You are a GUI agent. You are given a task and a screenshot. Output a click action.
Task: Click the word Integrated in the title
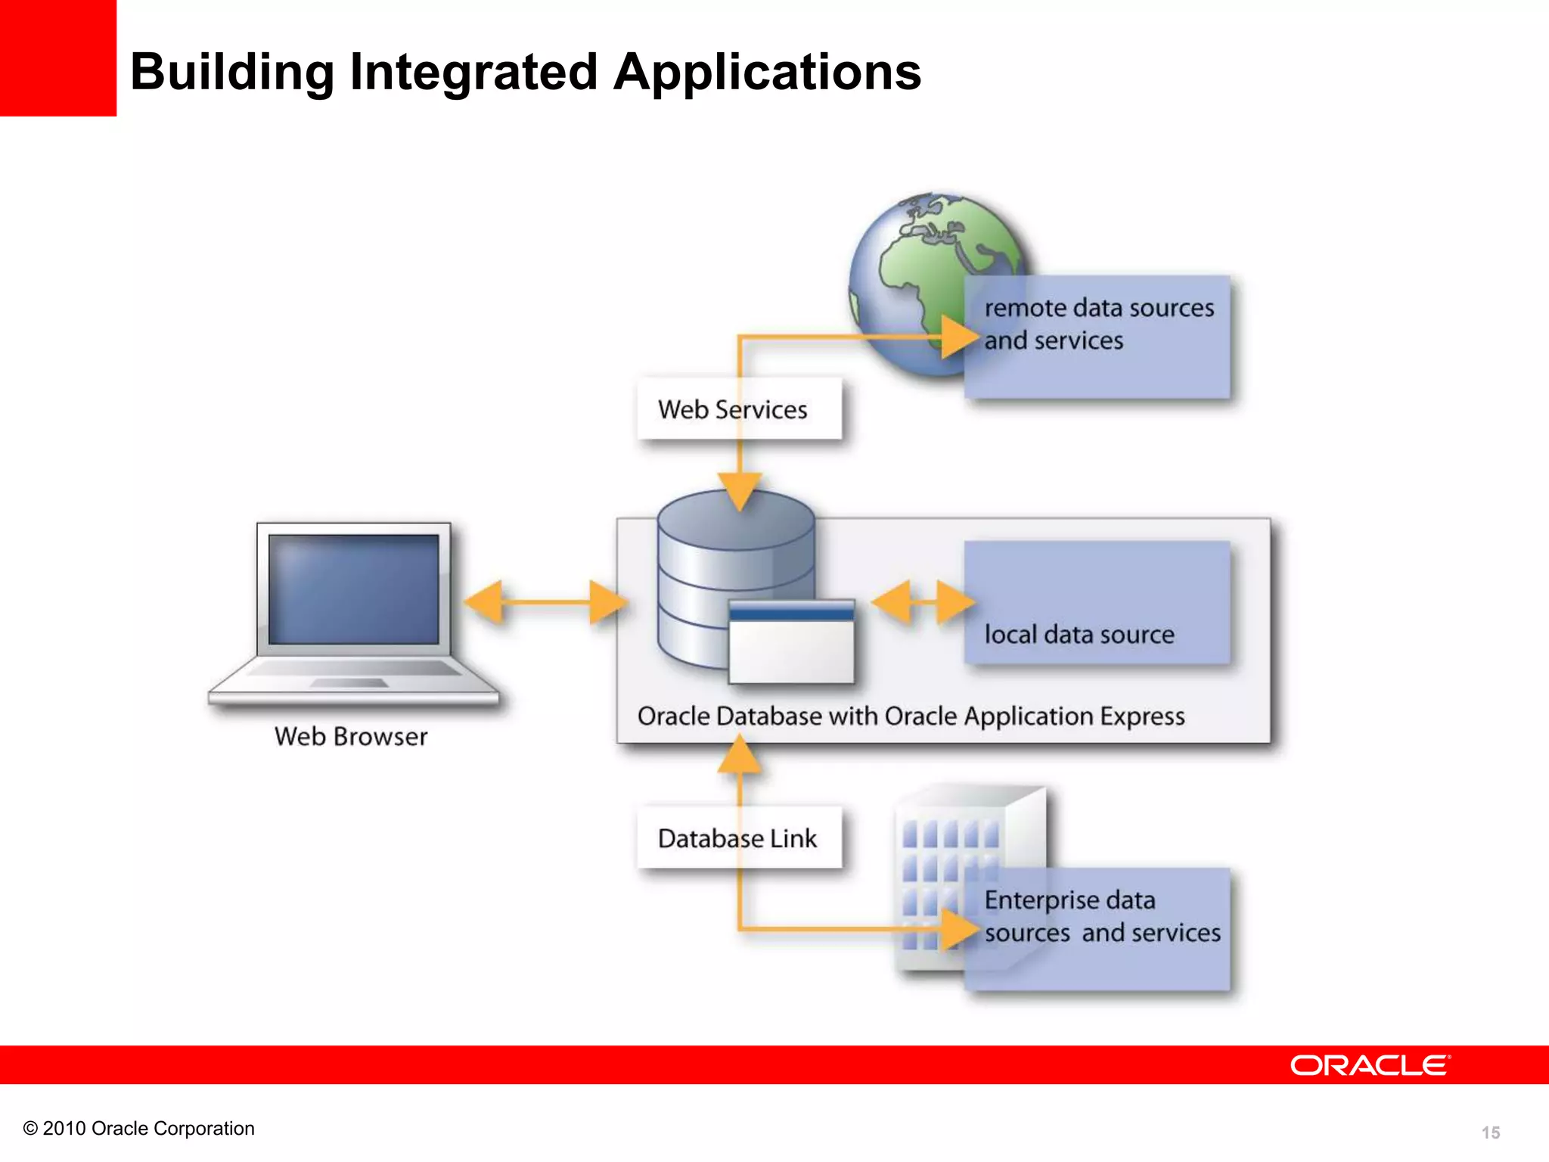[473, 73]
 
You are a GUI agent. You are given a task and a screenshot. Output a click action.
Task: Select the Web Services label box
[739, 409]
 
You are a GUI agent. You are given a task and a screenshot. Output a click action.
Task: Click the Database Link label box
[739, 838]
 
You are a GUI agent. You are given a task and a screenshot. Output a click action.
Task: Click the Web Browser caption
[351, 736]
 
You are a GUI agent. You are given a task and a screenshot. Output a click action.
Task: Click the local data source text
[1079, 634]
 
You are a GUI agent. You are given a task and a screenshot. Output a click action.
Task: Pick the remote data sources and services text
[1098, 324]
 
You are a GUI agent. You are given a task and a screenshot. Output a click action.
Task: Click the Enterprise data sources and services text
[1101, 916]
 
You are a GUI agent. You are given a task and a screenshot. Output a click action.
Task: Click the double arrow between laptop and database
[545, 602]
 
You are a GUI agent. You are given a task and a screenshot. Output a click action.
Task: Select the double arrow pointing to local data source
[923, 602]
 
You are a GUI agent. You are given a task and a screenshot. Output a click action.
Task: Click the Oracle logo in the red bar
[1370, 1065]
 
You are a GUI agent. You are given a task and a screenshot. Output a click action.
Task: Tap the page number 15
[1490, 1132]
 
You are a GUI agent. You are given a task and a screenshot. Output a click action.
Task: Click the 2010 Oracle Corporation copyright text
[139, 1128]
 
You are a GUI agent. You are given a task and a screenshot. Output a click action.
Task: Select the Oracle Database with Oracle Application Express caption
[911, 716]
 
